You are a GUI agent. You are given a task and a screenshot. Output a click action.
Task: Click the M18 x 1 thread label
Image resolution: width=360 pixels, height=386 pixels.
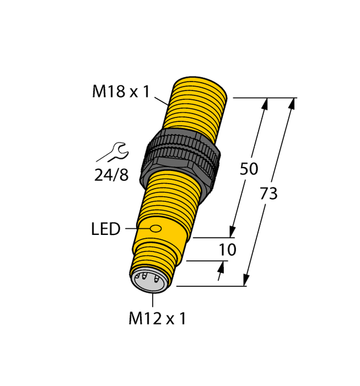click(x=120, y=91)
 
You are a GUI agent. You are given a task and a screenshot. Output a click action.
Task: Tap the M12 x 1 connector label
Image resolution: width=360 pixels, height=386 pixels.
click(x=157, y=319)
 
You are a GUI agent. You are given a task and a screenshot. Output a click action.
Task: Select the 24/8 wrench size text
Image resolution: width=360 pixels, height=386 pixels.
click(x=111, y=175)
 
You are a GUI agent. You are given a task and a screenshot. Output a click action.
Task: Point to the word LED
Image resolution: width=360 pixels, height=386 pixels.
click(x=105, y=229)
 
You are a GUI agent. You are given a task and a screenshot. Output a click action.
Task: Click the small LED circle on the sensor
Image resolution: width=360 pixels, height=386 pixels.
click(x=156, y=229)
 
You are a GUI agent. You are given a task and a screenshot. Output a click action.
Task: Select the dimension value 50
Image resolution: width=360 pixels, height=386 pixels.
click(x=248, y=169)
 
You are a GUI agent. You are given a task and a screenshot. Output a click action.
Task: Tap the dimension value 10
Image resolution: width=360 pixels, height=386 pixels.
click(x=227, y=250)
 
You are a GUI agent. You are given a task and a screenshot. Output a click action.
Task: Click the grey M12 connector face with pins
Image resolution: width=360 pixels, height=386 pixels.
click(x=150, y=281)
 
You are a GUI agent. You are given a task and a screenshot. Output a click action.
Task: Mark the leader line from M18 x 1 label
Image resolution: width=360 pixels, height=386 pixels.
click(x=161, y=100)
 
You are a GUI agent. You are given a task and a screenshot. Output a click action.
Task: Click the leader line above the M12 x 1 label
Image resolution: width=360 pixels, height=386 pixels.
click(x=153, y=300)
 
